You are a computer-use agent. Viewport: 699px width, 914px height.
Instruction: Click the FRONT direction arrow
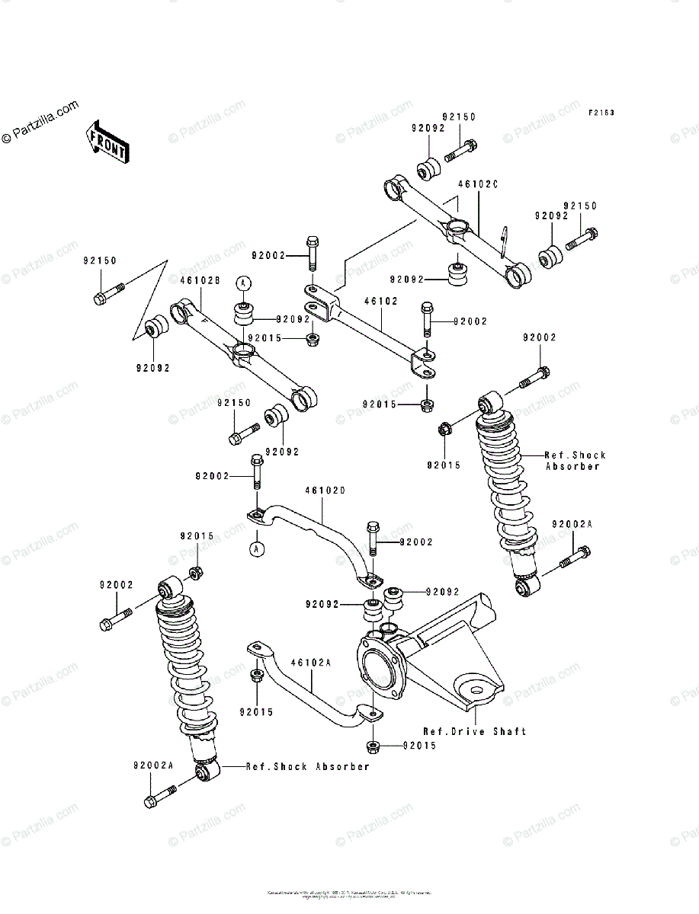coord(107,142)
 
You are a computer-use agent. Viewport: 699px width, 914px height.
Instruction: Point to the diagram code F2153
coord(601,113)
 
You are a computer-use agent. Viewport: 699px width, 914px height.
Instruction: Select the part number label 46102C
coord(478,184)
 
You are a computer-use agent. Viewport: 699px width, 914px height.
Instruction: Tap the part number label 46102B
coord(200,280)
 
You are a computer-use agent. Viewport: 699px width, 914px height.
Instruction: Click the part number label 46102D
coord(325,491)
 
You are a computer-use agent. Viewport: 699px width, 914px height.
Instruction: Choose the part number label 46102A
coord(311,663)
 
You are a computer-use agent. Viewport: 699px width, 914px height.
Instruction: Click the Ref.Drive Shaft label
coord(474,731)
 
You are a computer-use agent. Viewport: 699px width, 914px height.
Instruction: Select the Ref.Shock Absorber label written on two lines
coord(576,460)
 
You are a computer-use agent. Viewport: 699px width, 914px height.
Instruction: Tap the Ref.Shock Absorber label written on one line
coord(307,766)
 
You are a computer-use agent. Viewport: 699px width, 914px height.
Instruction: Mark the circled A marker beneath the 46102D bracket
coord(258,548)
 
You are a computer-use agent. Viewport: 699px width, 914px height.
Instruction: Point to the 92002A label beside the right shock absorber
coord(572,525)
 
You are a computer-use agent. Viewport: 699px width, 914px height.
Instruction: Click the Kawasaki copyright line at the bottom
coord(349,893)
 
